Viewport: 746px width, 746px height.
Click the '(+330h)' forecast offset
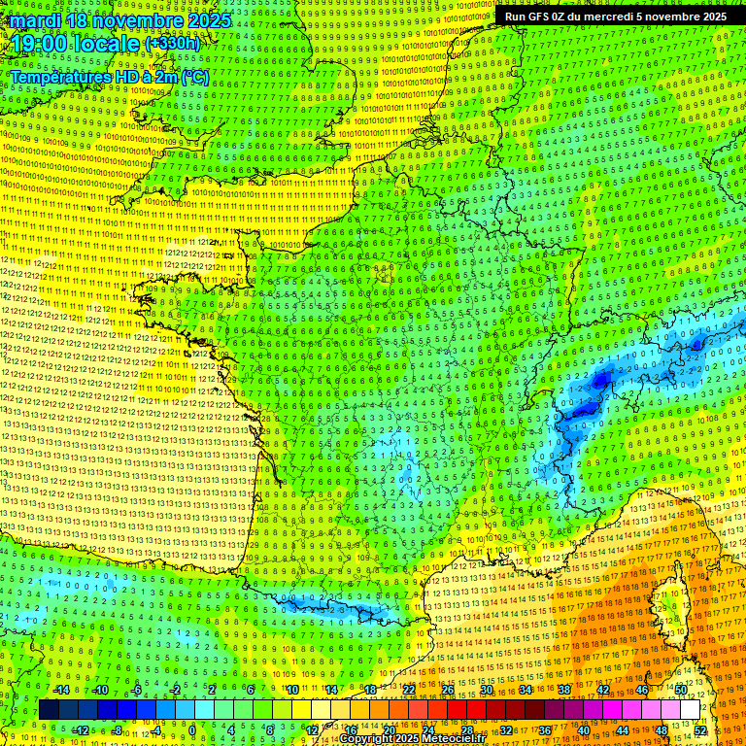point(172,44)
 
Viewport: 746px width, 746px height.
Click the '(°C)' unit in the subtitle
point(194,77)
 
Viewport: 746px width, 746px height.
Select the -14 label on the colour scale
point(61,690)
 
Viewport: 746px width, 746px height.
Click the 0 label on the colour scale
point(192,729)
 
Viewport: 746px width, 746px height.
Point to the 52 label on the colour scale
point(700,729)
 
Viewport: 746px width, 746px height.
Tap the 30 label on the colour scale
point(486,690)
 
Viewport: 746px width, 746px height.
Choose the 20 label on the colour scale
point(390,729)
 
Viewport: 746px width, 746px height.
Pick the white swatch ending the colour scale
point(690,710)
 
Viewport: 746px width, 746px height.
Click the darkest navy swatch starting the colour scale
point(50,710)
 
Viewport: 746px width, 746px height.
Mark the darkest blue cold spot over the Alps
point(602,377)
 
